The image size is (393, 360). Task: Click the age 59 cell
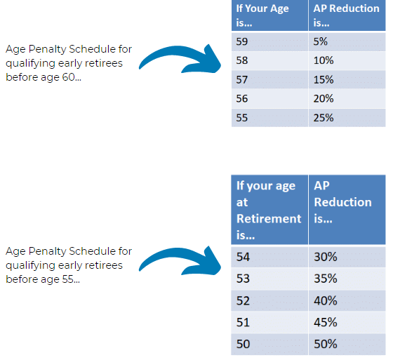click(x=270, y=41)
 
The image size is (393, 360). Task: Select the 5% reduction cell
click(x=347, y=41)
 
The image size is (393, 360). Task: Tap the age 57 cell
click(x=270, y=79)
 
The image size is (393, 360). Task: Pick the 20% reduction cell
click(x=347, y=99)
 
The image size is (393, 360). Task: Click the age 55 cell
click(x=270, y=117)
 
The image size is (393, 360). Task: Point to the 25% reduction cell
click(x=347, y=117)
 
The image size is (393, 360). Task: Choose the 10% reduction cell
click(x=347, y=60)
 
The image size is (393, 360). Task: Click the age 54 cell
click(x=269, y=257)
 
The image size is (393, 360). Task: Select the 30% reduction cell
click(x=347, y=257)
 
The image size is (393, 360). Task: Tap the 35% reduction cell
click(x=347, y=279)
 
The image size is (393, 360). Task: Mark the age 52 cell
click(x=269, y=300)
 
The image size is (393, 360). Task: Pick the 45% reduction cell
click(x=347, y=322)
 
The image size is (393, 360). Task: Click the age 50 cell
click(x=269, y=344)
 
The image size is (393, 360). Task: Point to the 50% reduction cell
click(x=347, y=344)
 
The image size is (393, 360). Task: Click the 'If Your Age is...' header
click(x=270, y=15)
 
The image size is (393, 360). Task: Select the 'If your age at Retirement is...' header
click(x=269, y=210)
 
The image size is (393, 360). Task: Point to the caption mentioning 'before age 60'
click(x=69, y=63)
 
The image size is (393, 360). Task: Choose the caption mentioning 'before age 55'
click(x=69, y=265)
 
